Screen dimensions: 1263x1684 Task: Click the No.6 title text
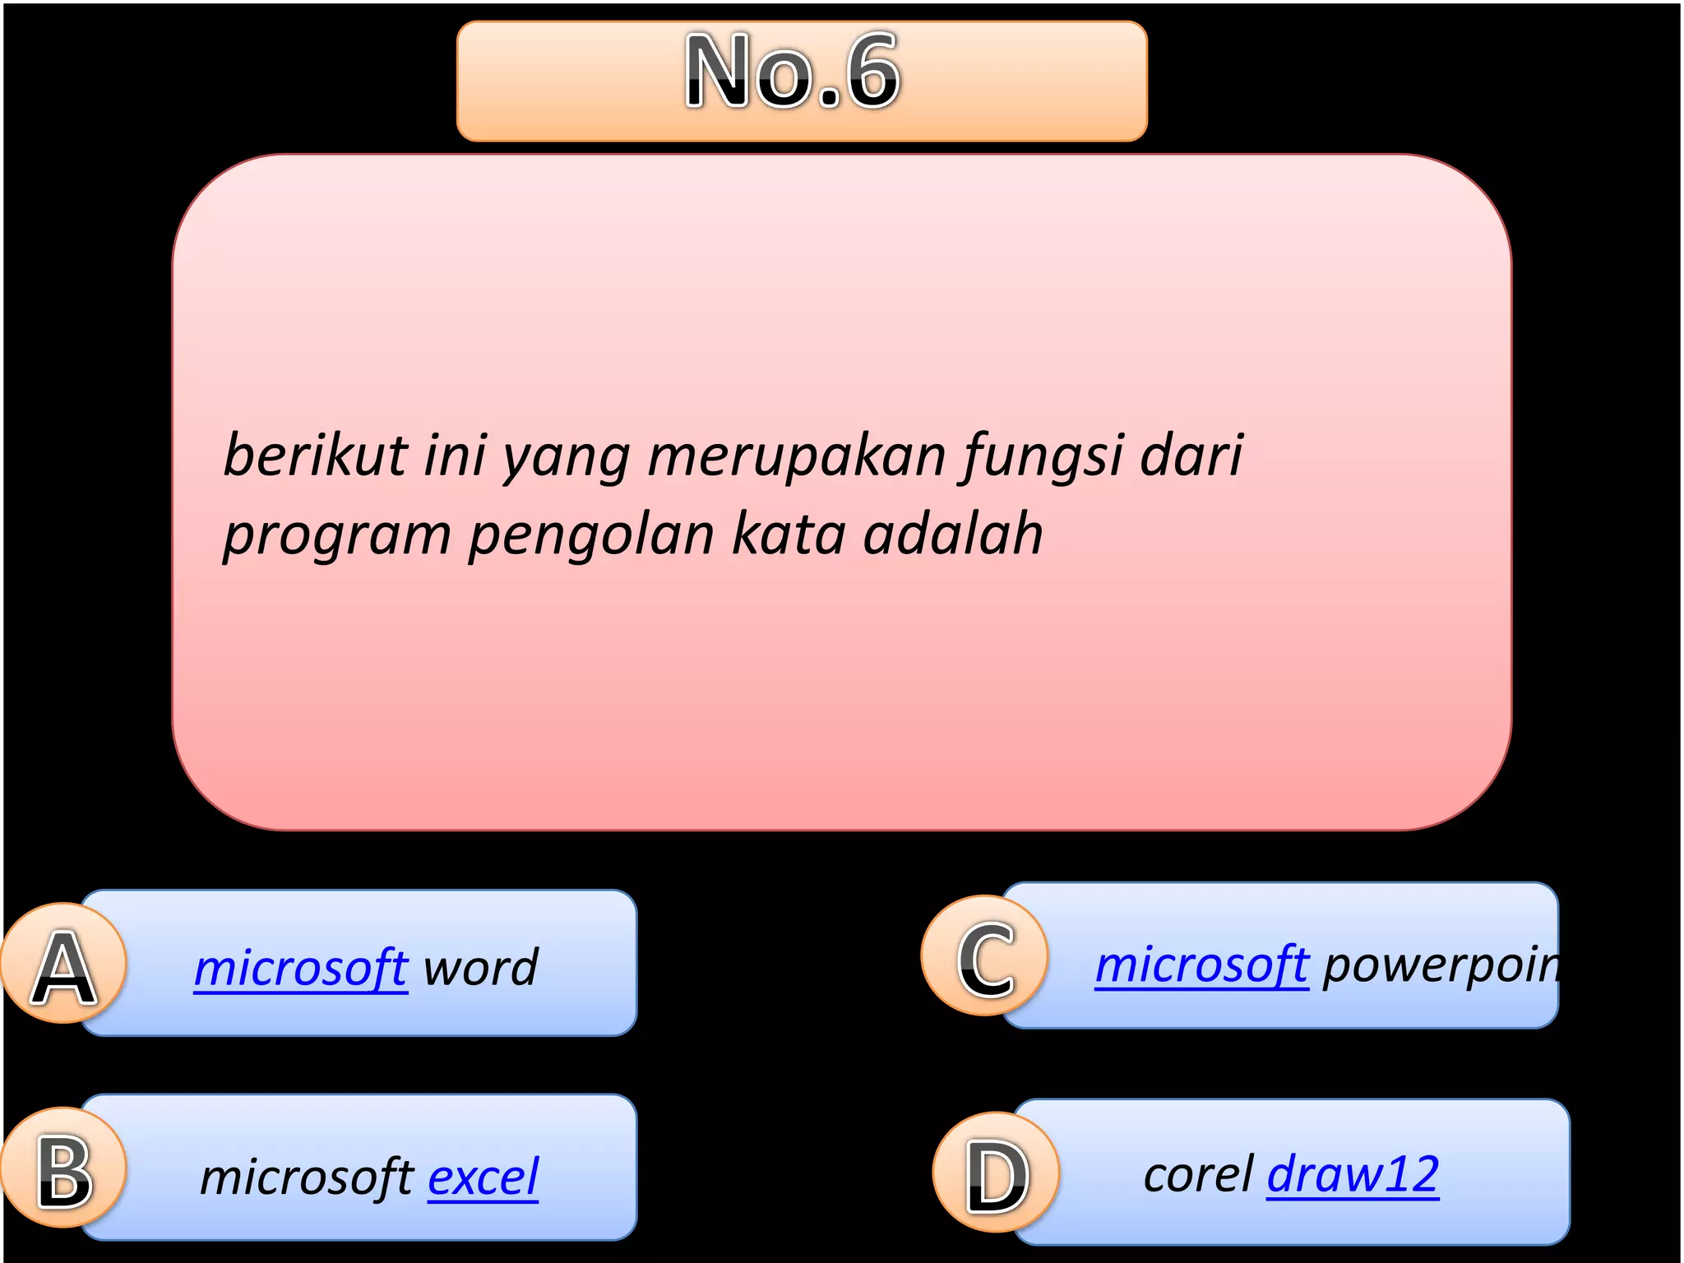pyautogui.click(x=793, y=72)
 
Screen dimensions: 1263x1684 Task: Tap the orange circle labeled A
pyautogui.click(x=64, y=964)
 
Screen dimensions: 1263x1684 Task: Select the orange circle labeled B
pyautogui.click(x=64, y=1168)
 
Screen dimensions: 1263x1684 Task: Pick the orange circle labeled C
pyautogui.click(x=985, y=956)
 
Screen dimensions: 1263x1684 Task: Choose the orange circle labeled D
pyautogui.click(x=997, y=1173)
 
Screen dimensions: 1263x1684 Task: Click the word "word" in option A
pyautogui.click(x=480, y=967)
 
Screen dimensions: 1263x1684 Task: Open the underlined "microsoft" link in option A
pyautogui.click(x=301, y=967)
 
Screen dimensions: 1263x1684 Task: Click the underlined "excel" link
pyautogui.click(x=483, y=1177)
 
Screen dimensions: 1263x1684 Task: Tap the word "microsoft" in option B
pyautogui.click(x=306, y=1177)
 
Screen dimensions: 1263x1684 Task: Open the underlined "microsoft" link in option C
pyautogui.click(x=1201, y=964)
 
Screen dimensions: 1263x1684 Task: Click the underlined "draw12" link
pyautogui.click(x=1353, y=1173)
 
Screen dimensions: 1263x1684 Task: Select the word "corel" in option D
pyautogui.click(x=1198, y=1174)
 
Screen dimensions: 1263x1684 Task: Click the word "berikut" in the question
pyautogui.click(x=316, y=455)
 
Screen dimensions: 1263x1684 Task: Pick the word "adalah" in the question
pyautogui.click(x=953, y=534)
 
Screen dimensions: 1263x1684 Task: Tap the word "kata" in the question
pyautogui.click(x=789, y=534)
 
